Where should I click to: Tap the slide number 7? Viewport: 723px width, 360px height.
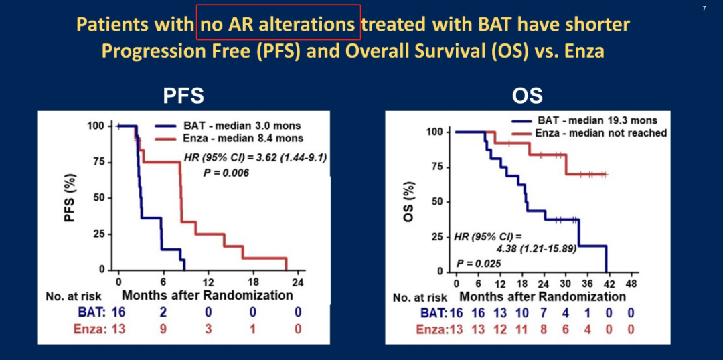[704, 8]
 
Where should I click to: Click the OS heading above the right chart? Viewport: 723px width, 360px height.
[528, 96]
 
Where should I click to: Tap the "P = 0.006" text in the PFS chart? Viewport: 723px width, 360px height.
[226, 173]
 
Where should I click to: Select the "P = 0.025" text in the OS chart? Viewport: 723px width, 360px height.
[479, 262]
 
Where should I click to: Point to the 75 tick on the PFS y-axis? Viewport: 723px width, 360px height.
[98, 162]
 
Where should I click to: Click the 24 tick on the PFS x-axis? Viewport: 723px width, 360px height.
[298, 282]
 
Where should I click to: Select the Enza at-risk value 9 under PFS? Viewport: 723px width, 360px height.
[163, 328]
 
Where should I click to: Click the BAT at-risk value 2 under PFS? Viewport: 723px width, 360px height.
[163, 311]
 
